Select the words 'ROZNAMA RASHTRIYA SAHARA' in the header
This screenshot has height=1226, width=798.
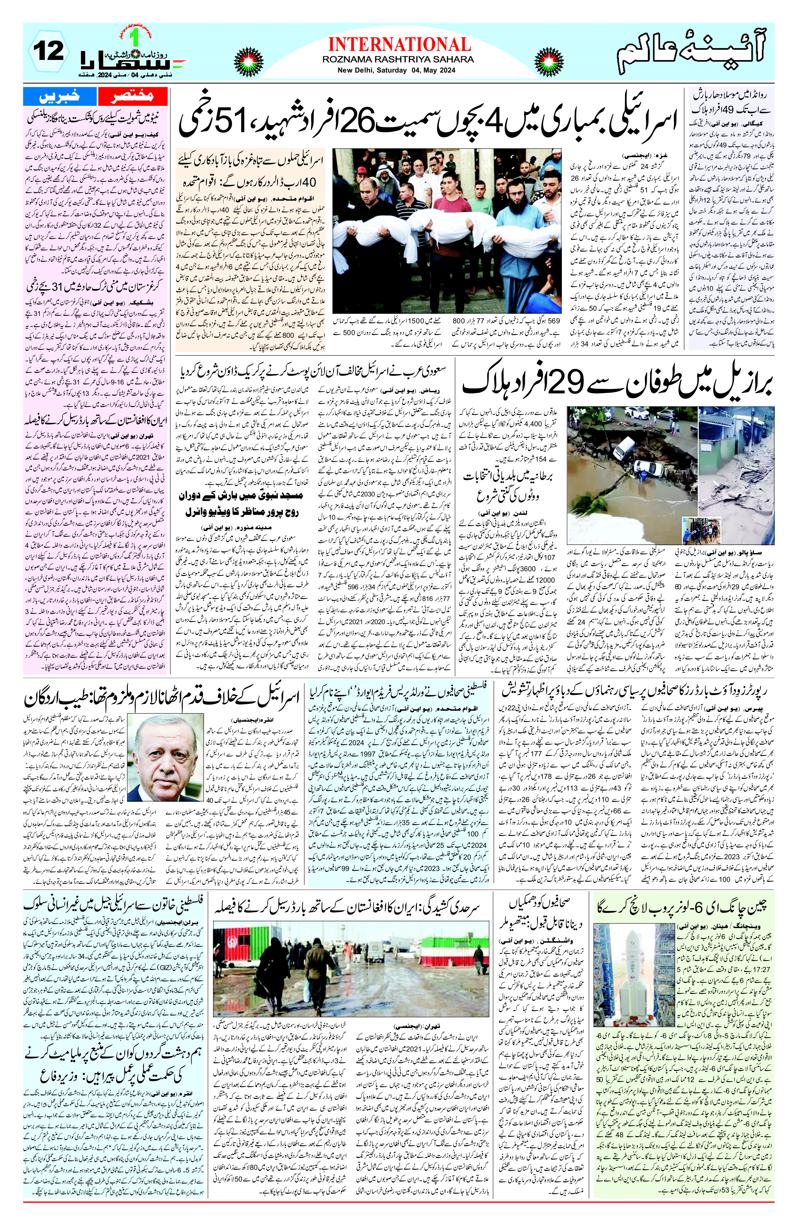point(398,60)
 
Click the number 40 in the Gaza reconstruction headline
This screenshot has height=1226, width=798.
point(309,182)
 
